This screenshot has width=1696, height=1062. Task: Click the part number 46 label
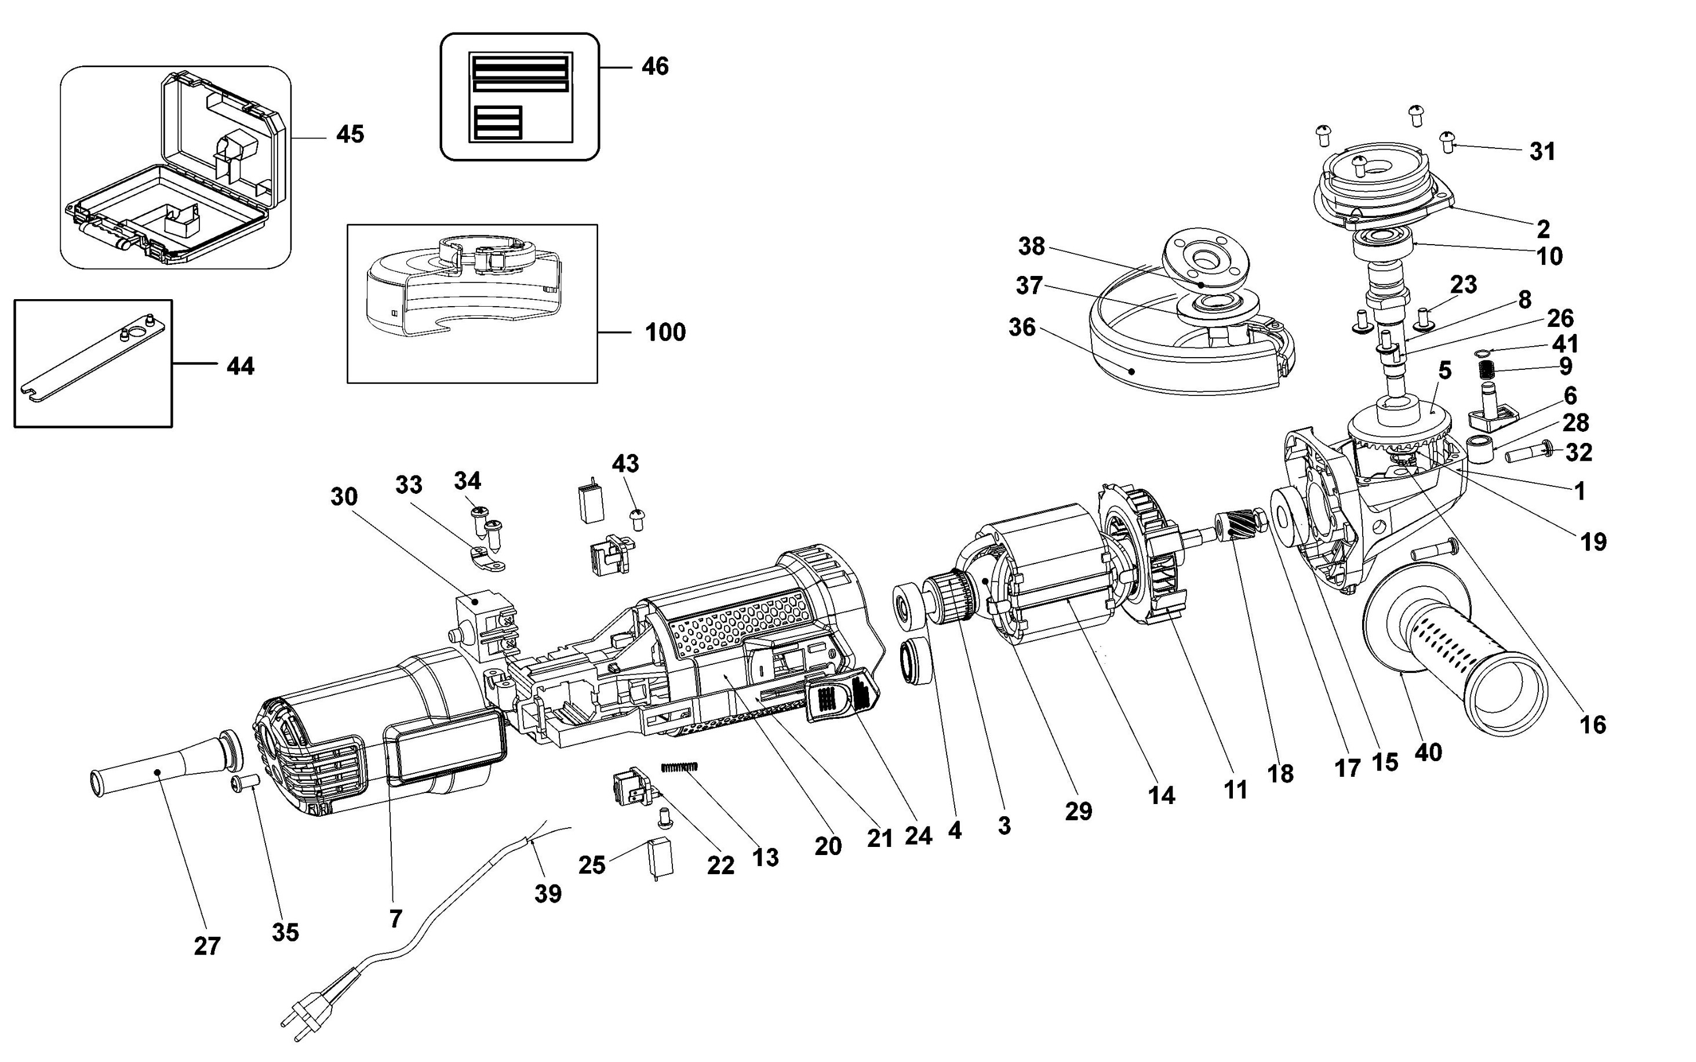654,67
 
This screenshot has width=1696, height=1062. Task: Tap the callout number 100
665,332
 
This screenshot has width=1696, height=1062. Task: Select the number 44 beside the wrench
240,366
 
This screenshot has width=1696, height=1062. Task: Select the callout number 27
207,946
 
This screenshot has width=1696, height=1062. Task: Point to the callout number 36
1022,328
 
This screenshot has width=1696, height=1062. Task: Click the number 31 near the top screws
1542,152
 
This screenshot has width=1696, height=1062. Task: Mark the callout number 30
344,497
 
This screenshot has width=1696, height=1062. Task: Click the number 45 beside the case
350,134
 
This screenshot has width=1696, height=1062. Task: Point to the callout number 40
1428,752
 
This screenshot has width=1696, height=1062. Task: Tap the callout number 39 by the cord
548,893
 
